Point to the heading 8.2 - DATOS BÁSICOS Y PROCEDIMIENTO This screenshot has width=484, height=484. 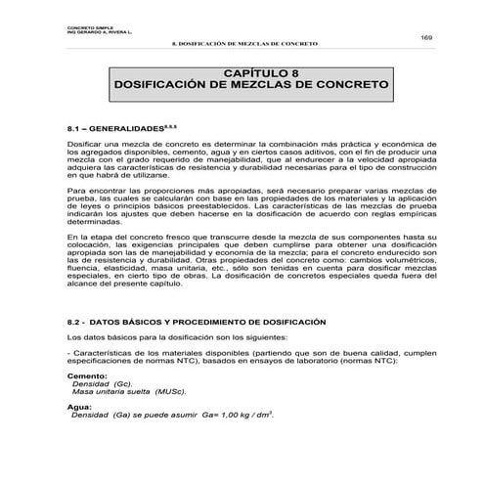pyautogui.click(x=188, y=322)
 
